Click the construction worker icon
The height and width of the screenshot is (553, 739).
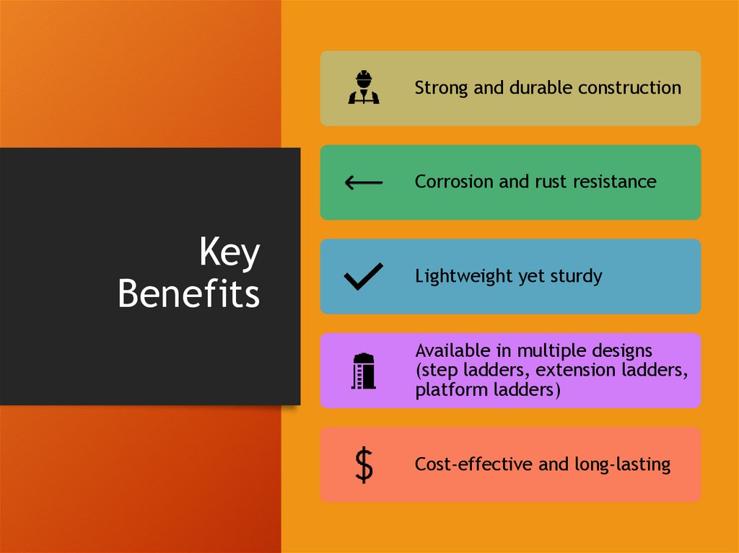tap(364, 88)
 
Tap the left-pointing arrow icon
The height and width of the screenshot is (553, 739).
tap(364, 182)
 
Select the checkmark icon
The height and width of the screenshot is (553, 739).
tap(364, 277)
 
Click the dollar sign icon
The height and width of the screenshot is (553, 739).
tap(364, 465)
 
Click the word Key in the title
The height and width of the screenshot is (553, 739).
tap(229, 255)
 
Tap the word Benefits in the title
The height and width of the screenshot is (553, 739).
tap(188, 293)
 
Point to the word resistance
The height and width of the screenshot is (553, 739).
tap(614, 182)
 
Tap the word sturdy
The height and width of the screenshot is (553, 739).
tap(574, 276)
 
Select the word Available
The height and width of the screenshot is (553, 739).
tap(449, 351)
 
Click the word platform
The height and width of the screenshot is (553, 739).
tap(446, 391)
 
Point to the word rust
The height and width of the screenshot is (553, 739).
tap(551, 182)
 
